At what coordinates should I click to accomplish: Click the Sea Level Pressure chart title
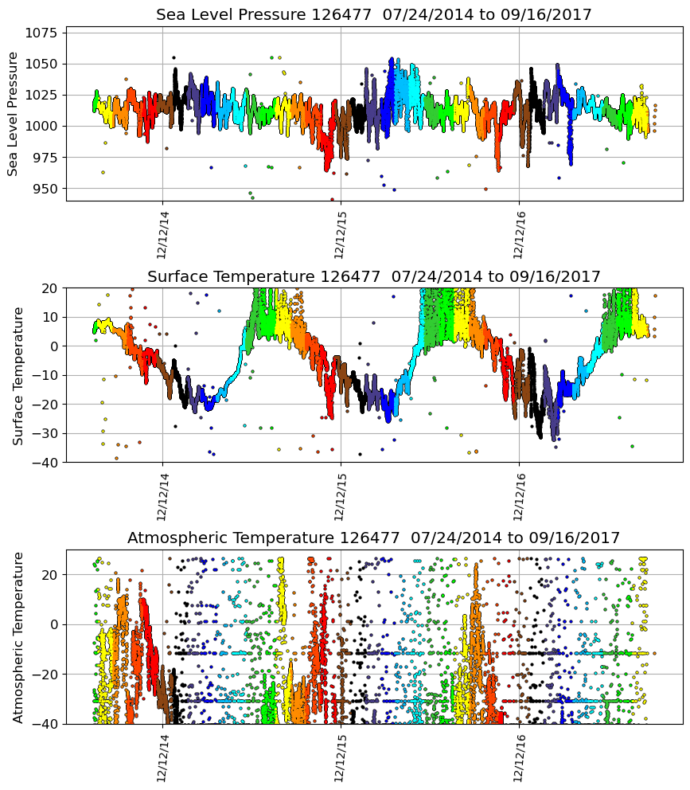tap(373, 15)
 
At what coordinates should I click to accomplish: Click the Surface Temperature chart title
tap(373, 276)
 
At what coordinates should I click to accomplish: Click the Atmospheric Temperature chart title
tap(373, 538)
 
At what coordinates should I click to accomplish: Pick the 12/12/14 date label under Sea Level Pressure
tap(162, 234)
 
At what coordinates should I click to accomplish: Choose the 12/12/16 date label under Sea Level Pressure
tap(519, 234)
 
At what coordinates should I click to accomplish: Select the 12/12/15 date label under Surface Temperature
tap(341, 495)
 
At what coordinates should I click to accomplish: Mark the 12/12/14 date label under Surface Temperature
tap(162, 495)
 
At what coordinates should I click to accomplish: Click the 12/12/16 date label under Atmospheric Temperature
tap(519, 757)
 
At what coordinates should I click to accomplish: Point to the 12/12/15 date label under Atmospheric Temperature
tap(341, 757)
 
